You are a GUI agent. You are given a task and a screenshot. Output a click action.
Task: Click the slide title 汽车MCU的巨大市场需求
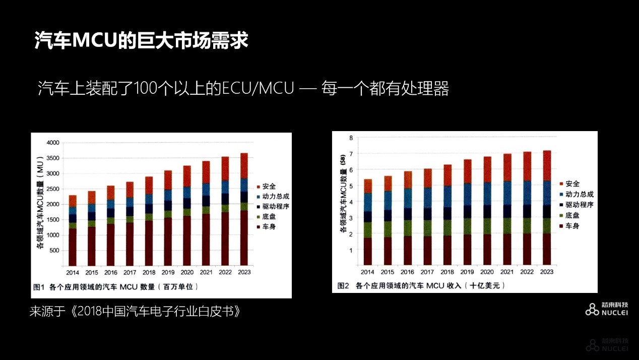(142, 41)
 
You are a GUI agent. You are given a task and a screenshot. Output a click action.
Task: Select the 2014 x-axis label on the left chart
(72, 272)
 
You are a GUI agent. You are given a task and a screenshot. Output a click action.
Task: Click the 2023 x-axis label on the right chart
(546, 272)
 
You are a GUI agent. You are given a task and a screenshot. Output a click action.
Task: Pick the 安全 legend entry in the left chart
(270, 187)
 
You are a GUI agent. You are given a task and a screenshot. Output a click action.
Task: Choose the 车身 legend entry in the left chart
(270, 226)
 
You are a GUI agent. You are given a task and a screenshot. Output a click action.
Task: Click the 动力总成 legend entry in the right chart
(580, 194)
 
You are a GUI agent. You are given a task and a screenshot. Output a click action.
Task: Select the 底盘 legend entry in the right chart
(572, 215)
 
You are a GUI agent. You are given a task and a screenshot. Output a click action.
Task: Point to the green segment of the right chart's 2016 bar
(407, 228)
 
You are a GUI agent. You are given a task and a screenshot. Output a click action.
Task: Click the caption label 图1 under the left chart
(40, 287)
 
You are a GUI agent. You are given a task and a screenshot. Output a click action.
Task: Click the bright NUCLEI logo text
(615, 313)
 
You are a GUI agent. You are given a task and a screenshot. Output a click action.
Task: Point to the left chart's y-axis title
(40, 204)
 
